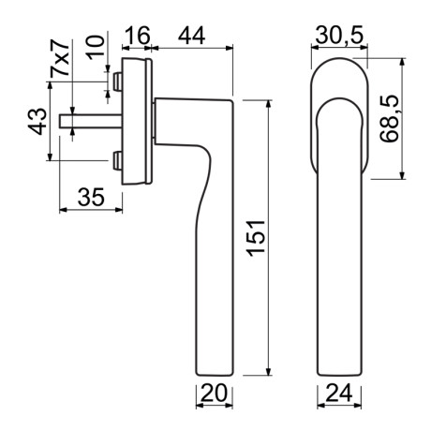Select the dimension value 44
coord(193,36)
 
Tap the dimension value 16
coord(137,36)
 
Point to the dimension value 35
coord(90,198)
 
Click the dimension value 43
coord(38,120)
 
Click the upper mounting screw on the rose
coord(116,84)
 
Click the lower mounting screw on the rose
coord(116,162)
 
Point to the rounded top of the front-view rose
coord(336,64)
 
